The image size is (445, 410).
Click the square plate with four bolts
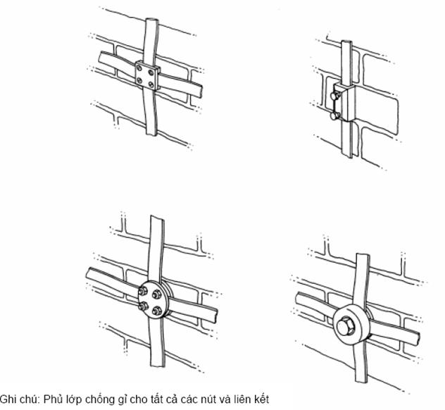(146, 75)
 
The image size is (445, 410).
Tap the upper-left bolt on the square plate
(139, 68)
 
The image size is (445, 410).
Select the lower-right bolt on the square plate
(151, 84)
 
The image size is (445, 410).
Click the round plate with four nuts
(153, 299)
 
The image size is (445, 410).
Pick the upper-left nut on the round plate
(143, 291)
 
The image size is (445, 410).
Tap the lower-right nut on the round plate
(156, 311)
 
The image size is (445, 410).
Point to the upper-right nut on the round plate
(156, 294)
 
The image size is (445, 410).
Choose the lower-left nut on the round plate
(143, 306)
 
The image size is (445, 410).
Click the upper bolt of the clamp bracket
(335, 96)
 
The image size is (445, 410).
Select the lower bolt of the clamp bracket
(335, 116)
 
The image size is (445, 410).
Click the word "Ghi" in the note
(7, 399)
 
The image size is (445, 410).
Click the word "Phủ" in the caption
(52, 399)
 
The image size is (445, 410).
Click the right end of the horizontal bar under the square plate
(200, 91)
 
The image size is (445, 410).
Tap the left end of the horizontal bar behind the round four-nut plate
(88, 273)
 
